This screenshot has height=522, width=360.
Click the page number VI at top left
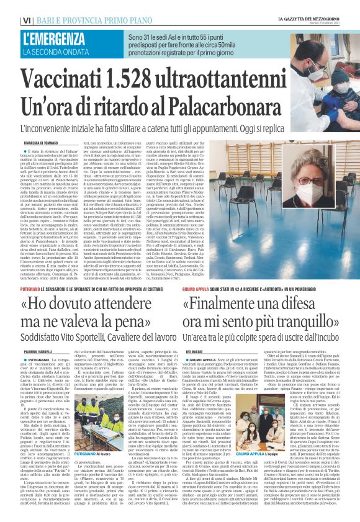(11, 6)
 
